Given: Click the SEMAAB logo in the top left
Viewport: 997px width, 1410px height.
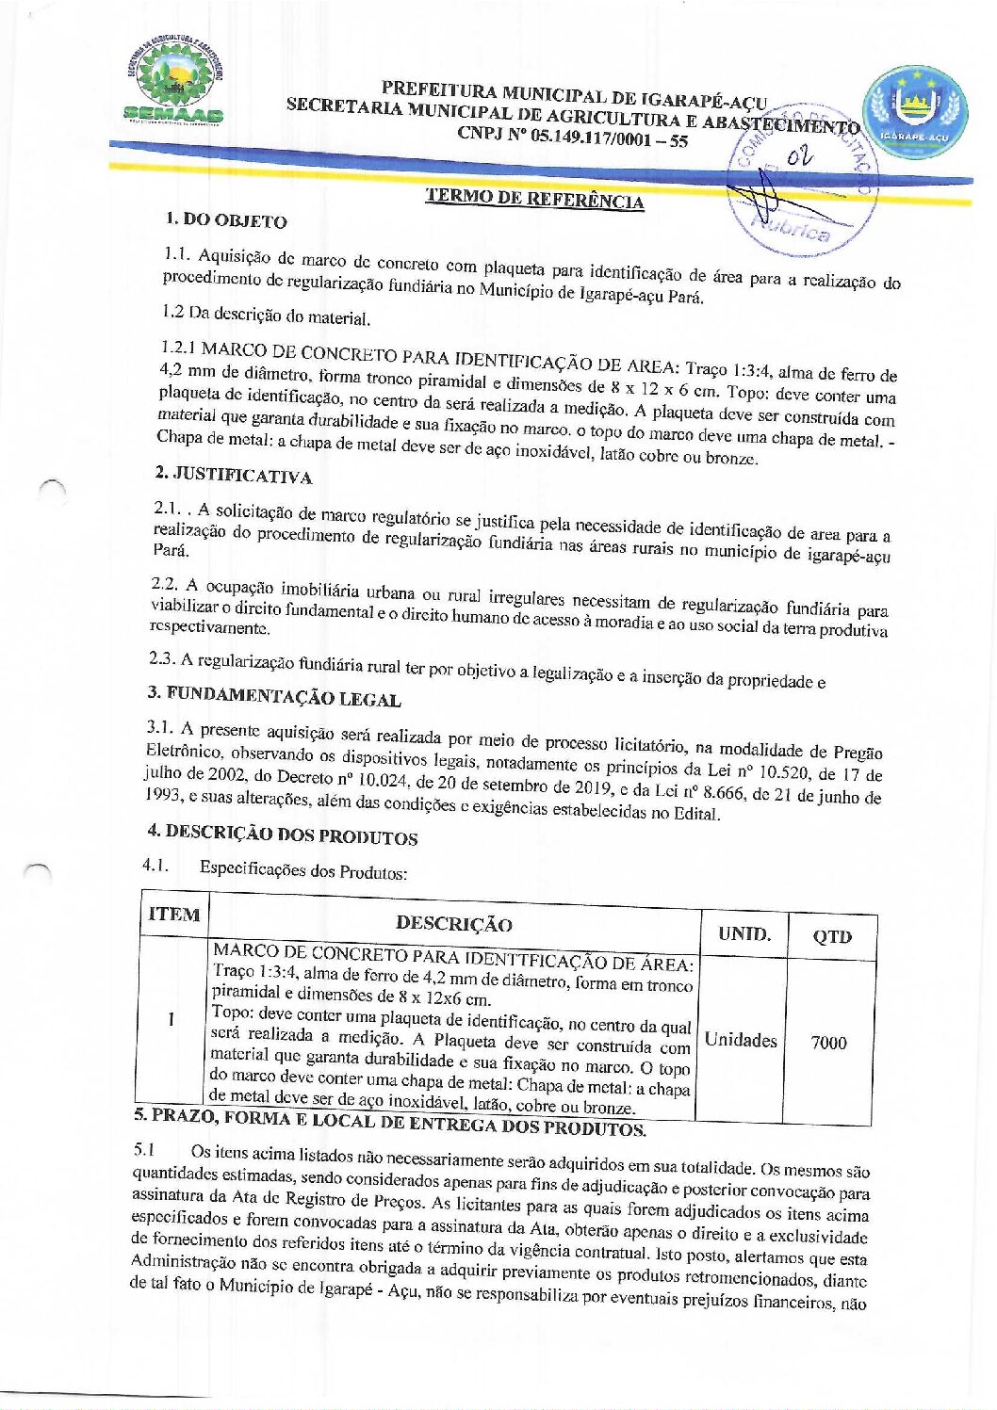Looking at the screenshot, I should (174, 83).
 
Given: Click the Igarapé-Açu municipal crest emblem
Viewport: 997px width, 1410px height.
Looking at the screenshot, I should (915, 111).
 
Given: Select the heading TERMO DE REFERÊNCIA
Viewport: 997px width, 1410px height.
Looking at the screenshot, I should (534, 198).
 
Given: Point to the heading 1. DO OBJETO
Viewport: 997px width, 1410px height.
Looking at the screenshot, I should (226, 220).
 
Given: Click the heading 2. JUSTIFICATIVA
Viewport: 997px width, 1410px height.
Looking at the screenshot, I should (233, 474).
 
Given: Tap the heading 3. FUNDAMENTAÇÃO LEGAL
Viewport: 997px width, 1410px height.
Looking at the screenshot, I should (274, 696).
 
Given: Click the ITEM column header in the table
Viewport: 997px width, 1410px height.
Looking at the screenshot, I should (174, 915).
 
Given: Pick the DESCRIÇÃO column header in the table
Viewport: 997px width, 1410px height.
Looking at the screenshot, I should (454, 924).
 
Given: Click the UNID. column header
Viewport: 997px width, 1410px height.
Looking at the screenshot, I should (744, 933).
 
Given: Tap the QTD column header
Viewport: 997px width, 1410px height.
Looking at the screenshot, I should (832, 936).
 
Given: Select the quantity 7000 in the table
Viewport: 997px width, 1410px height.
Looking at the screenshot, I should (829, 1043).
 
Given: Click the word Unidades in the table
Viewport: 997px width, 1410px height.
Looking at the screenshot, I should (741, 1040).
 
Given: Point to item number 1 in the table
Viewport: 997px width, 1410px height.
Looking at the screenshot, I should (171, 1019).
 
